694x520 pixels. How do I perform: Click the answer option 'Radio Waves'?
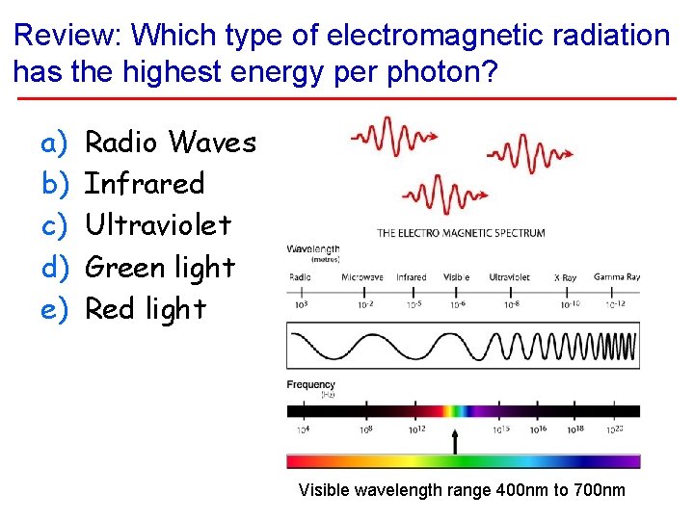coord(171,143)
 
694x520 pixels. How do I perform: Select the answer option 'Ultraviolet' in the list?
coord(158,225)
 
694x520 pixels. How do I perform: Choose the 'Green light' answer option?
coord(160,267)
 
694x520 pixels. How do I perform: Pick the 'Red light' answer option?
coord(146,308)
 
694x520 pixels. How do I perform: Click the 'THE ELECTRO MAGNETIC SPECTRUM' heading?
coord(461,233)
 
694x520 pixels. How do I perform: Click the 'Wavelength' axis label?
coord(312,249)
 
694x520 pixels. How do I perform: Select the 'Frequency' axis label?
coord(311,385)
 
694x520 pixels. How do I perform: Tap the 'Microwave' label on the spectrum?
coord(361,277)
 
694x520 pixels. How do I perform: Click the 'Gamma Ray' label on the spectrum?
coord(617,277)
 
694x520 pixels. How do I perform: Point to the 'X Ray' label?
coord(565,277)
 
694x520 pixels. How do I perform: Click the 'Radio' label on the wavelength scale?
coord(300,277)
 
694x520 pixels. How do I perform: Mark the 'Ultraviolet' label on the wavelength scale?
coord(509,277)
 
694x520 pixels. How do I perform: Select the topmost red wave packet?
coord(388,136)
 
